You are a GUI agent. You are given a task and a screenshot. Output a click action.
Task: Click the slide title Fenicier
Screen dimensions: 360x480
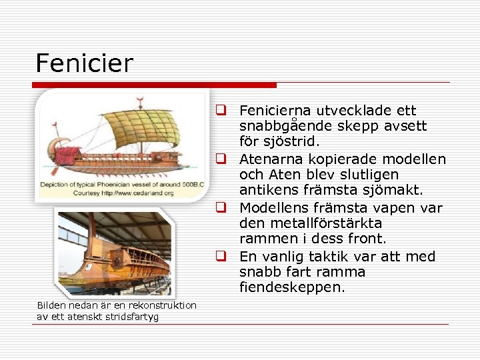coord(85,63)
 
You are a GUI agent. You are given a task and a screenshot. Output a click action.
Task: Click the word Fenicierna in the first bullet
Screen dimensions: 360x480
coord(271,111)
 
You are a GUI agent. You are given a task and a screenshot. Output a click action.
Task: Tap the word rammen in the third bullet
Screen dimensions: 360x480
coord(263,239)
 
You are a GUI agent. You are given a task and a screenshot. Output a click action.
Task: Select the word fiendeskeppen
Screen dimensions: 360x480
coord(293,287)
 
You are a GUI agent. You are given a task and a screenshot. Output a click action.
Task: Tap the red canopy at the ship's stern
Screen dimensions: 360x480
coord(67,156)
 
